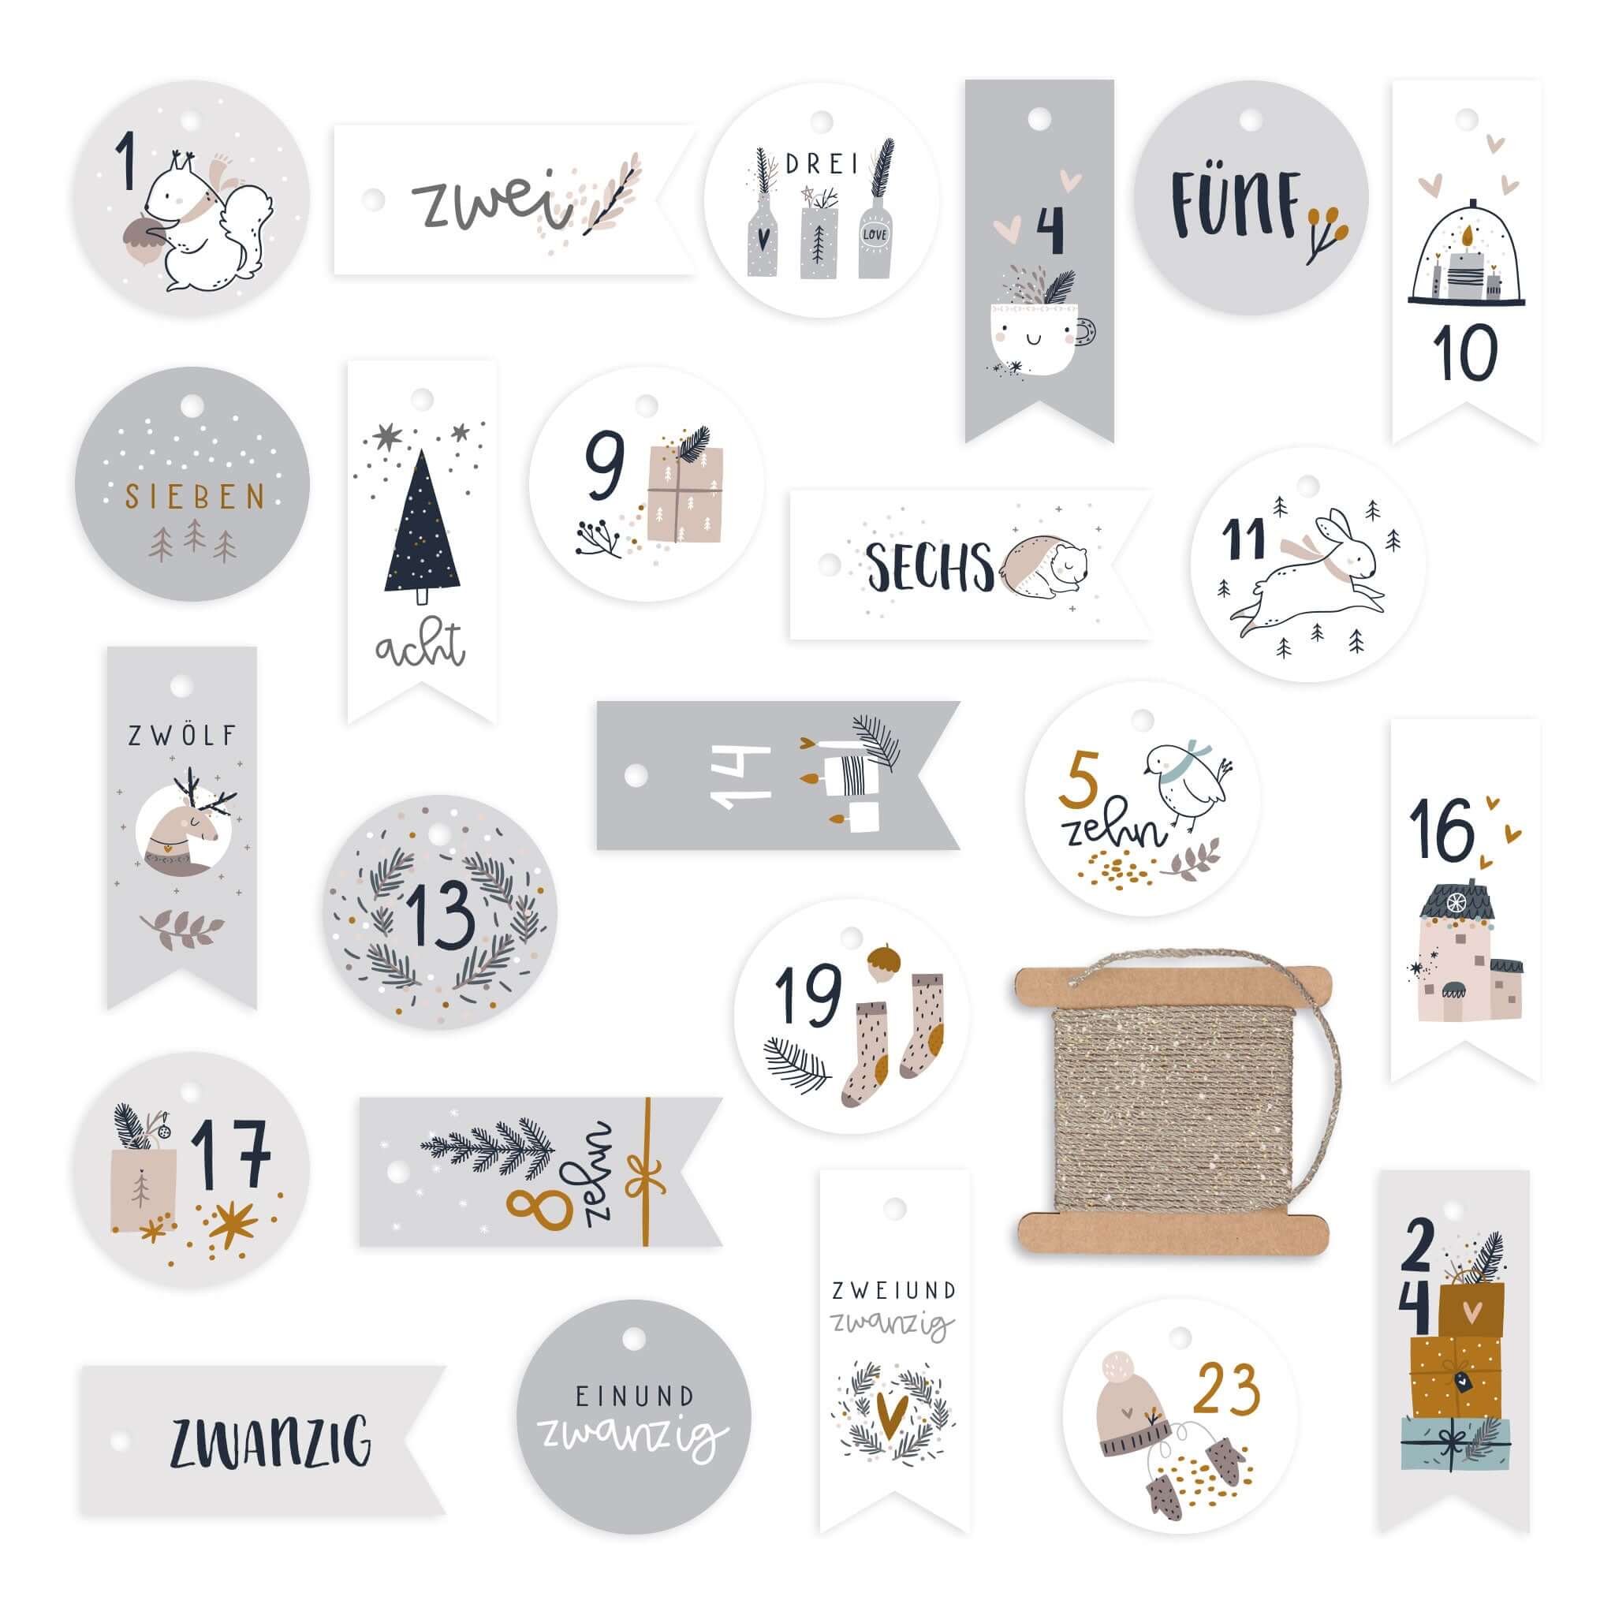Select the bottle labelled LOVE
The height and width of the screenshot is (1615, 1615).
[875, 237]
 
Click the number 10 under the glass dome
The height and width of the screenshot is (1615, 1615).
[1465, 352]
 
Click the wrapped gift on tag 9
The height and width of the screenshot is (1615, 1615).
[684, 494]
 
